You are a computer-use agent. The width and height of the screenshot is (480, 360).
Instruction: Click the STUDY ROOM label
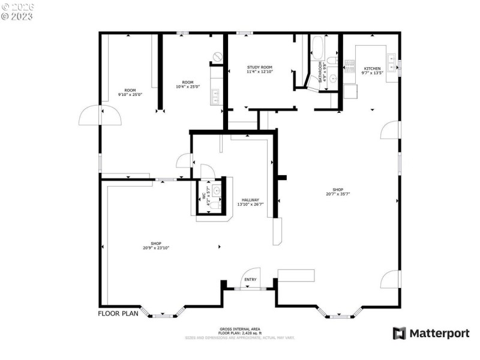coord(260,67)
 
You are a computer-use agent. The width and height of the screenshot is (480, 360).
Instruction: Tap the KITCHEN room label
coord(372,68)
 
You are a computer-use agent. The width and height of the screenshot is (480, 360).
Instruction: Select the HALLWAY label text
coord(250,200)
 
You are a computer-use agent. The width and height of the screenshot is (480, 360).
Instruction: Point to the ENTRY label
coord(250,279)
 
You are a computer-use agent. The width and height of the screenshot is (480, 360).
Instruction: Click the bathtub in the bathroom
coord(317,48)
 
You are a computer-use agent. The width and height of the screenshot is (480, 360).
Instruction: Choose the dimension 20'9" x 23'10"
coord(152,247)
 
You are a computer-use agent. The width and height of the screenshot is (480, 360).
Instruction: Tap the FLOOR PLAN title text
coord(118,313)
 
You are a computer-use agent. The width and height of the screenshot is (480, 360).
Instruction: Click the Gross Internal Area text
coord(239,330)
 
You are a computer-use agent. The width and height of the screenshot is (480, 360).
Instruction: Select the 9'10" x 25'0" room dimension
coord(130,94)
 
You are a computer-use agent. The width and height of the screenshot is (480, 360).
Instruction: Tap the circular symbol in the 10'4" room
coord(217,56)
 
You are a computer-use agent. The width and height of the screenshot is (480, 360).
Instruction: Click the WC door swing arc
coord(205,170)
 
